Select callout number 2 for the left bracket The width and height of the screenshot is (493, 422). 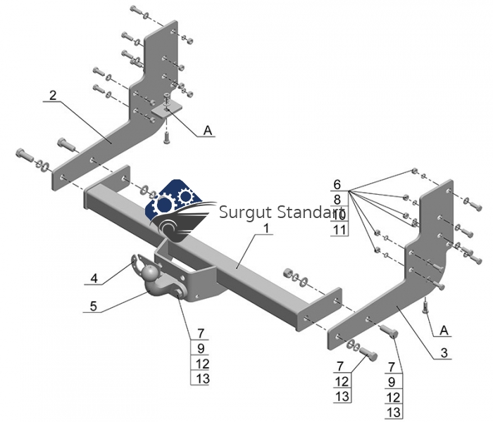pyautogui.click(x=51, y=95)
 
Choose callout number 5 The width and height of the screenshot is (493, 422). pyautogui.click(x=93, y=306)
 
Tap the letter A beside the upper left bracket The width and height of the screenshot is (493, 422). pyautogui.click(x=207, y=130)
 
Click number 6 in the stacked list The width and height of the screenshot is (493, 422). pyautogui.click(x=338, y=184)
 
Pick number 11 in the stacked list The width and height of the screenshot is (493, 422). pyautogui.click(x=338, y=229)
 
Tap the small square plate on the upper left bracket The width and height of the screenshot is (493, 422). pyautogui.click(x=167, y=110)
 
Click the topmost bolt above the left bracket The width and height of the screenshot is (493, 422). pyautogui.click(x=135, y=11)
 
